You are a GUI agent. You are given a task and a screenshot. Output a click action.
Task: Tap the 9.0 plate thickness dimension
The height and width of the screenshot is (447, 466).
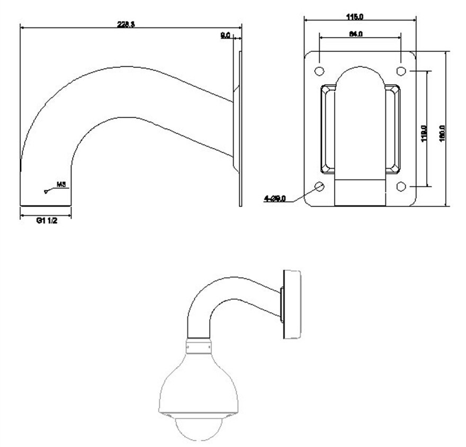pos(225,35)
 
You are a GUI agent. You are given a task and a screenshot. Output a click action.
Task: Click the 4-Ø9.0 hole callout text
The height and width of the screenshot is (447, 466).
pos(275,198)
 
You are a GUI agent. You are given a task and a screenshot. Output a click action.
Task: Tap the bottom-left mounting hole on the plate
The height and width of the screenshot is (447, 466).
pos(319,186)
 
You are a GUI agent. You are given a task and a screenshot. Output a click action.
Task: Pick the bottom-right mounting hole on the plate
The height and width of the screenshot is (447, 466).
pos(401,186)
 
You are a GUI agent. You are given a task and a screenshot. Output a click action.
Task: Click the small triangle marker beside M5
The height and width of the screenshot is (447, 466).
pos(47,191)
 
